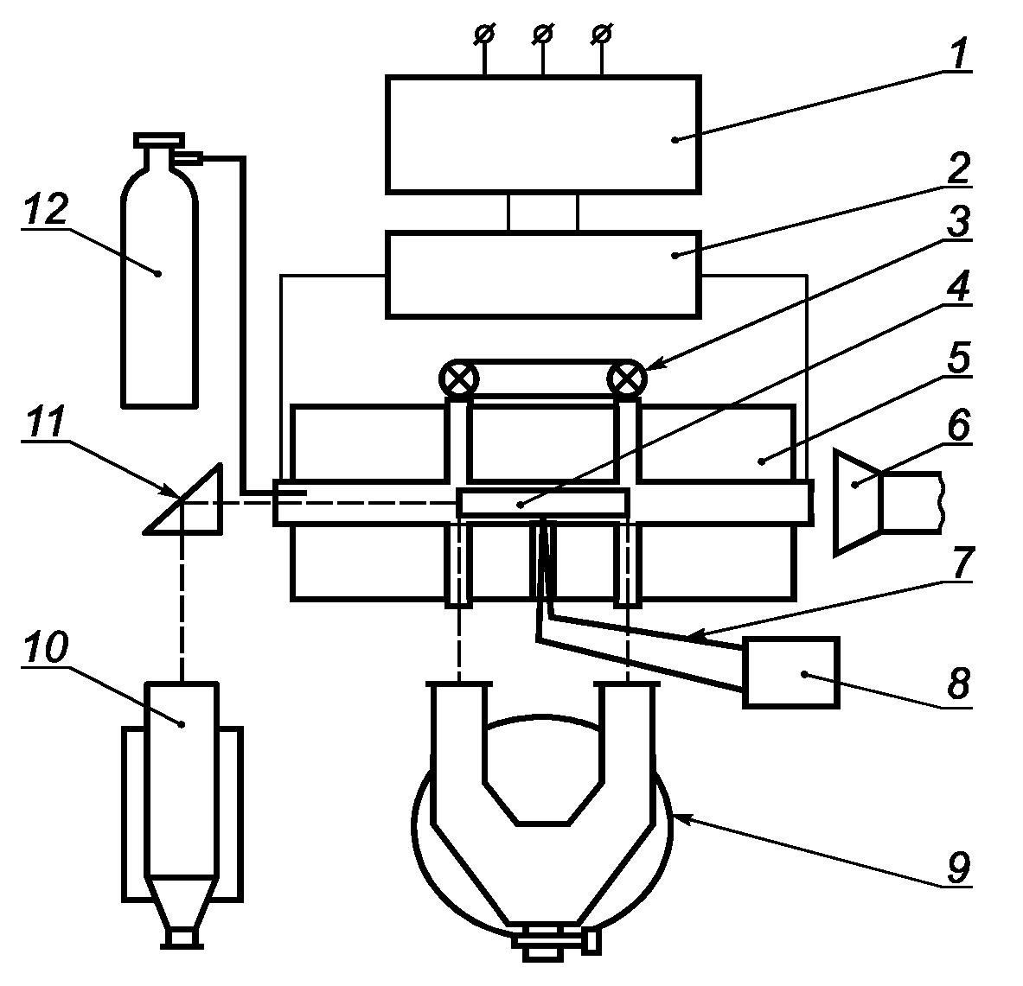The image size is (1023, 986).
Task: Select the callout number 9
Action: click(958, 867)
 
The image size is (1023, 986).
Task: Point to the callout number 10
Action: click(44, 647)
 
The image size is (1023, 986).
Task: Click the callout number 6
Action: click(958, 426)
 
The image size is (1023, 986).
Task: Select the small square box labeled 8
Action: click(791, 671)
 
